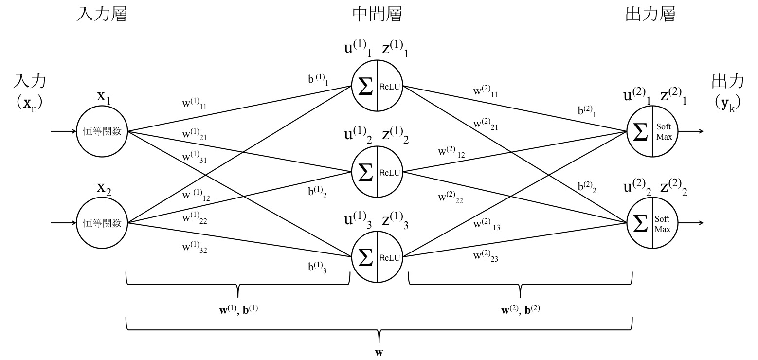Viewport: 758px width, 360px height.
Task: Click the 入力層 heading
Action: pos(102,15)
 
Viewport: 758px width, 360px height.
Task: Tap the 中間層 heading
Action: pos(377,15)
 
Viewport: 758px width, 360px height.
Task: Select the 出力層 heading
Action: pos(650,15)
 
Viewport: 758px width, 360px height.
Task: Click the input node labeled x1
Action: pos(102,131)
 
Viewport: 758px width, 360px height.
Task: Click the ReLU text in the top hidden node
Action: pos(389,87)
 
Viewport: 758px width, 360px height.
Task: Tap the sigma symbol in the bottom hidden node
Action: pos(365,257)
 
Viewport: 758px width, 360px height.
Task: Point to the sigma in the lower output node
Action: pos(640,223)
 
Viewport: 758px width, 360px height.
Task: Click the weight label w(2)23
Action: pos(486,256)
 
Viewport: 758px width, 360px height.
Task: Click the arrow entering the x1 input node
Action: pos(63,131)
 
